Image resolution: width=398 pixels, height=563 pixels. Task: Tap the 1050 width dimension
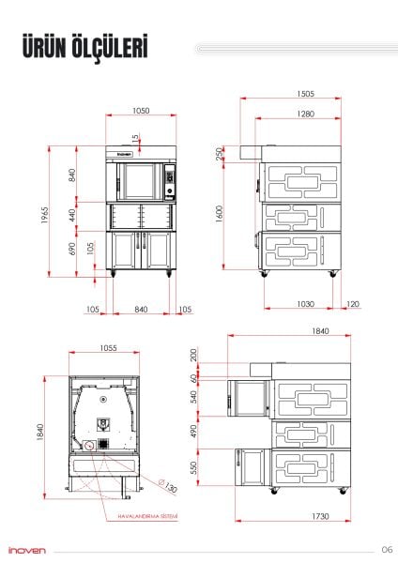140,111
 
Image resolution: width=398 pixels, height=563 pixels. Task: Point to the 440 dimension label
72,215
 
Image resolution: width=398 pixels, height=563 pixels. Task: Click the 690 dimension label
72,250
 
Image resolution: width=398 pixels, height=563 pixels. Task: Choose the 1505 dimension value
305,94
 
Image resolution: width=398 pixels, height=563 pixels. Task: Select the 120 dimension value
353,304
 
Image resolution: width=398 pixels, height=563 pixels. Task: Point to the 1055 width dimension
106,348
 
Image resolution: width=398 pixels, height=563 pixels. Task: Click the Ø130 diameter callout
169,487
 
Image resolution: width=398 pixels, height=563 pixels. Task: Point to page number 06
386,549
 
